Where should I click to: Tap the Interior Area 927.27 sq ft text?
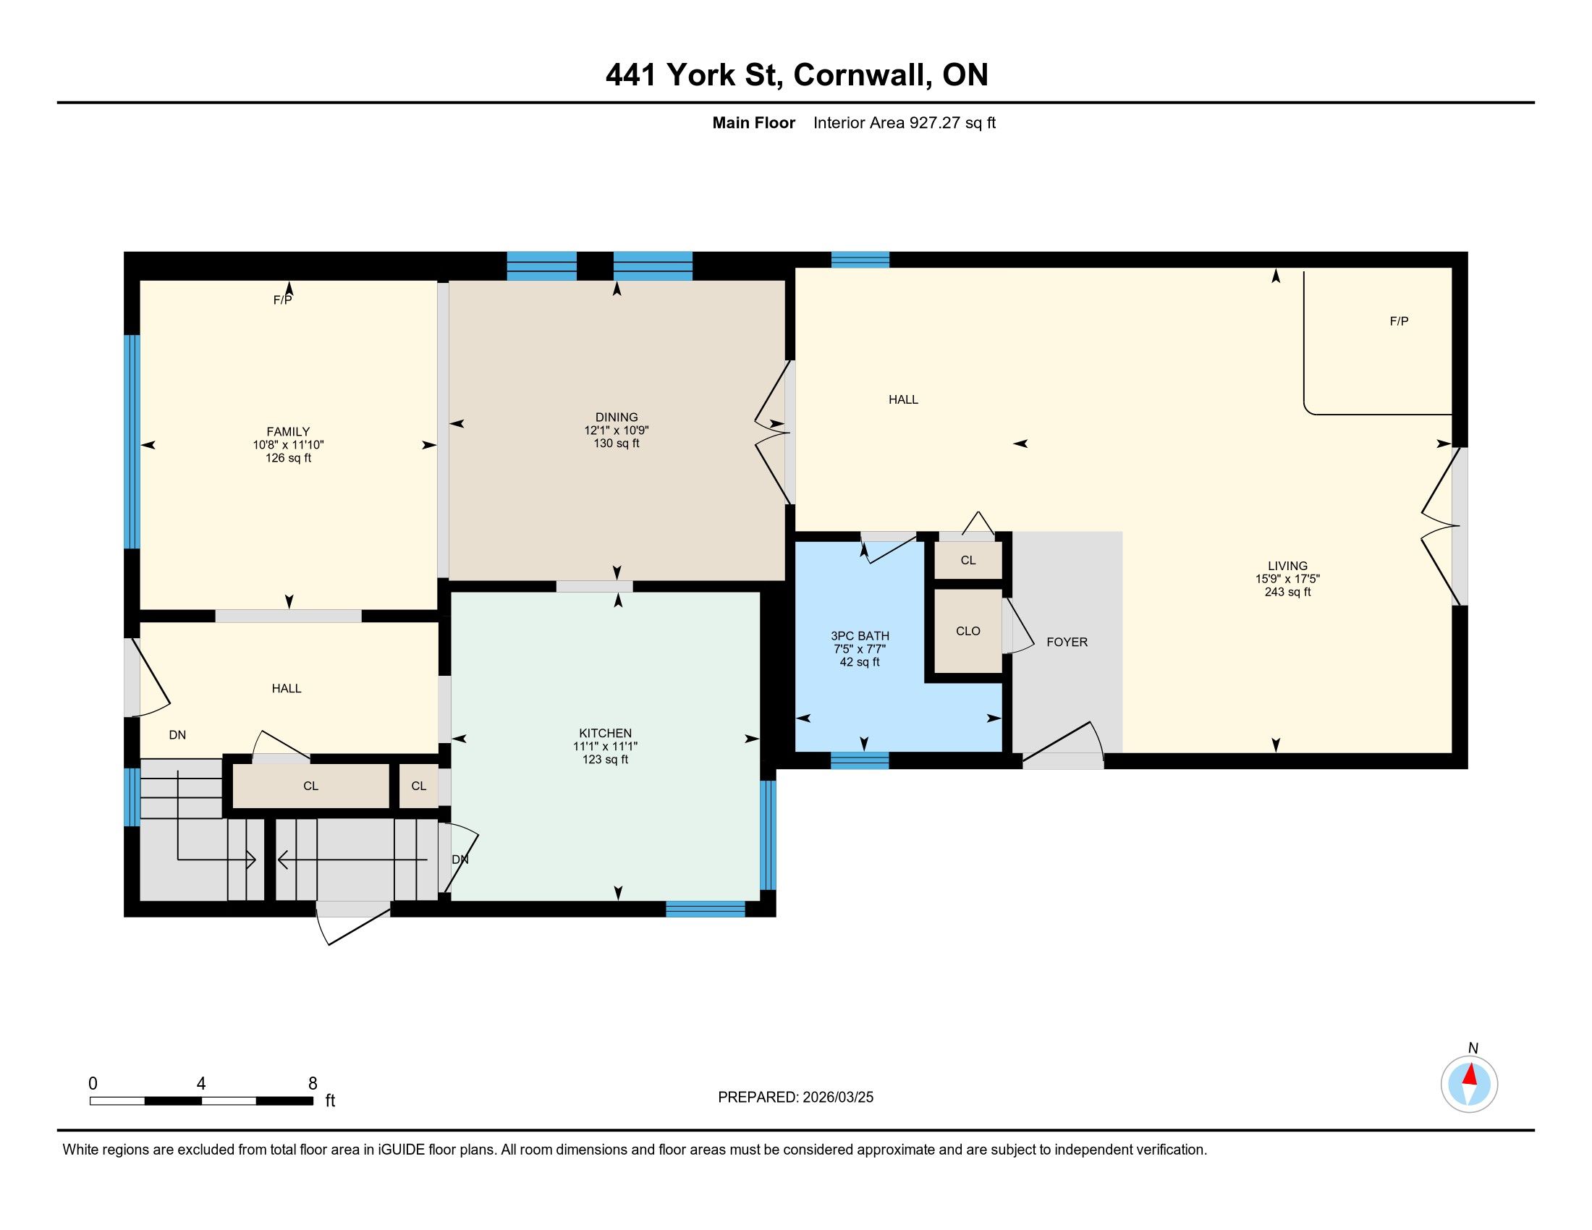pyautogui.click(x=904, y=122)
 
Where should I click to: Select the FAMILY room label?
pyautogui.click(x=288, y=431)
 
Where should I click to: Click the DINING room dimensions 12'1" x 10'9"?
pyautogui.click(x=616, y=430)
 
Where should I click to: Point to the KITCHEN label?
pyautogui.click(x=605, y=733)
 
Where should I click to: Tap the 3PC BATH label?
pyautogui.click(x=860, y=635)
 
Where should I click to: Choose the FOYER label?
pyautogui.click(x=1067, y=642)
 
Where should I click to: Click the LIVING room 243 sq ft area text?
pyautogui.click(x=1287, y=592)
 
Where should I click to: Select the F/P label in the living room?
pyautogui.click(x=1399, y=321)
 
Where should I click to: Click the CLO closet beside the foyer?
pyautogui.click(x=968, y=631)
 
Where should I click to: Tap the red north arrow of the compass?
pyautogui.click(x=1470, y=1074)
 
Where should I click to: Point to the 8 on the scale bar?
pyautogui.click(x=313, y=1084)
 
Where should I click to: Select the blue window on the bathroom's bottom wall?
pyautogui.click(x=860, y=760)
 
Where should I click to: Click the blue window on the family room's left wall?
pyautogui.click(x=131, y=441)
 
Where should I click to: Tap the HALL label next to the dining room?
pyautogui.click(x=903, y=399)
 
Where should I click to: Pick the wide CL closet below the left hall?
pyautogui.click(x=310, y=786)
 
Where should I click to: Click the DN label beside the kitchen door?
pyautogui.click(x=460, y=860)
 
